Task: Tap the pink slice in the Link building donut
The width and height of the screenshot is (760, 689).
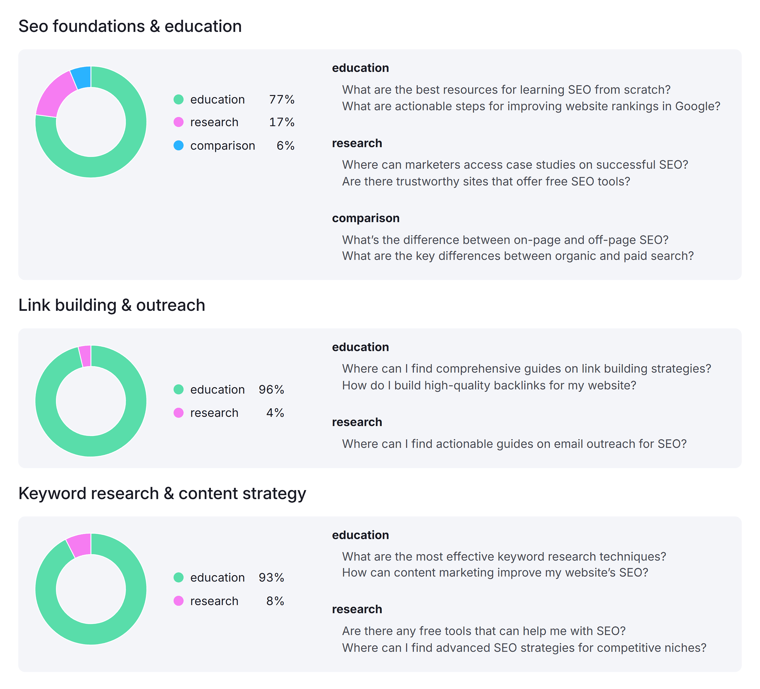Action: pos(85,356)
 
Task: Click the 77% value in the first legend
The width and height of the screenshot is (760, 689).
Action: pos(281,99)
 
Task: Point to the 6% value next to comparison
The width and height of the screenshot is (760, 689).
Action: pos(285,146)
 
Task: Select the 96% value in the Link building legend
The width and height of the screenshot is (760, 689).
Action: pos(271,389)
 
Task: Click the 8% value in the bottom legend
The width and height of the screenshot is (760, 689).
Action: pos(275,601)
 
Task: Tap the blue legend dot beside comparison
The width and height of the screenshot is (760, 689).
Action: pos(178,146)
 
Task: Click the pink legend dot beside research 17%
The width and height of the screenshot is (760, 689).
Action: pos(178,122)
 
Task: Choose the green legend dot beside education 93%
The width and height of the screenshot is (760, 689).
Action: pos(178,577)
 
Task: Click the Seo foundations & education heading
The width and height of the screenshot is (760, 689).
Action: pos(130,26)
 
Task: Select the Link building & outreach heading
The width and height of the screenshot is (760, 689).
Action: pos(112,305)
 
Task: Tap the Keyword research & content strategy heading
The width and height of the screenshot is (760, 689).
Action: pos(162,493)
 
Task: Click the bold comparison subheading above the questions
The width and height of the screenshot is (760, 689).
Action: pos(365,218)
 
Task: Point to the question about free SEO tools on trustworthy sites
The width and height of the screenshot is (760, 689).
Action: pos(485,182)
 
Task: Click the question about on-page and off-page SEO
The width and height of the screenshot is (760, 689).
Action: pos(505,240)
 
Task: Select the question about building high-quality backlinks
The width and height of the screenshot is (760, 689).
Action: pos(489,385)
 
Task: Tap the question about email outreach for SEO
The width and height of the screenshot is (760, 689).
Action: pos(514,444)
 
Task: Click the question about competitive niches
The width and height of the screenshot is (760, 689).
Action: pos(523,648)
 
